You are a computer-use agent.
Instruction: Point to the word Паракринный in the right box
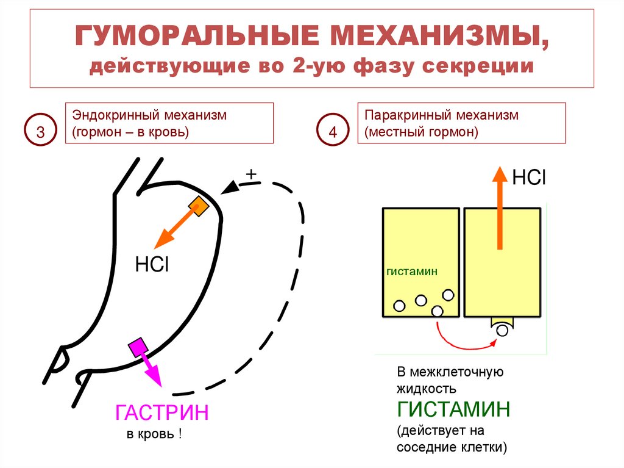pos(400,115)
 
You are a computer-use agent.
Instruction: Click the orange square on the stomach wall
pos(199,207)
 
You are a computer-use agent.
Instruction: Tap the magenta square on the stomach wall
pos(137,348)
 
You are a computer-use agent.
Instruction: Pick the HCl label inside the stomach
pos(151,265)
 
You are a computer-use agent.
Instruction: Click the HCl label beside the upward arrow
pos(528,178)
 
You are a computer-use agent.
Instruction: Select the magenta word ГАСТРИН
pos(161,413)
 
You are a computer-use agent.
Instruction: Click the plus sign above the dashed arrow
pos(250,175)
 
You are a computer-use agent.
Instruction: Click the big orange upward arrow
pos(500,207)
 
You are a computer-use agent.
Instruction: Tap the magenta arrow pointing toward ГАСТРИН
pos(151,370)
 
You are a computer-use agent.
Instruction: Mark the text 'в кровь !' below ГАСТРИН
pos(154,434)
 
